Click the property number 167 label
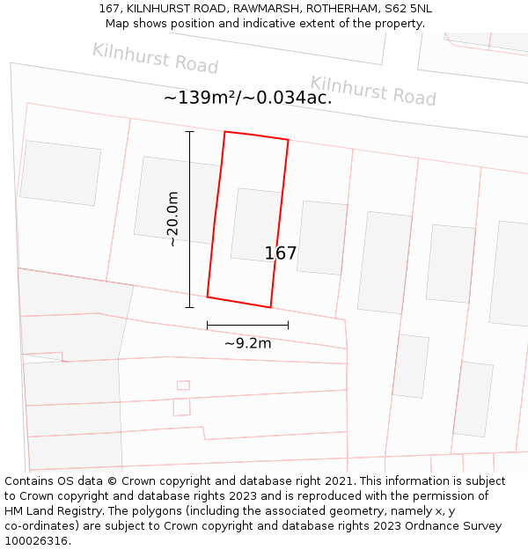281,253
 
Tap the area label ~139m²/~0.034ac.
247,98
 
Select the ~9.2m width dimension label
247,343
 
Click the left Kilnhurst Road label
155,58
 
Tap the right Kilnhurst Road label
373,91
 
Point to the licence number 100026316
38,541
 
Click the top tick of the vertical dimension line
189,132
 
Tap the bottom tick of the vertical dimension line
189,307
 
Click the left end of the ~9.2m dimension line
208,326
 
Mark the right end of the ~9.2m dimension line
288,326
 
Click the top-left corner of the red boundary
225,132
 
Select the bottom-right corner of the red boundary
270,307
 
